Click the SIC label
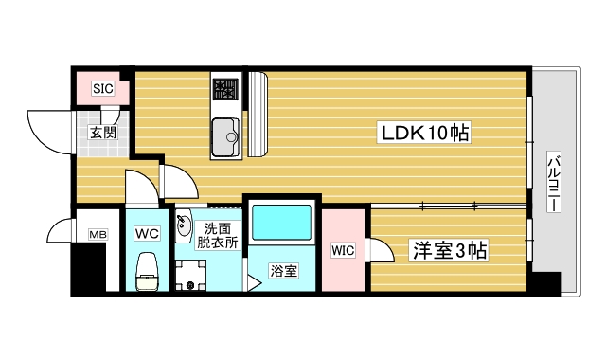point(103,90)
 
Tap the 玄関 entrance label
point(103,133)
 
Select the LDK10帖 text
point(426,133)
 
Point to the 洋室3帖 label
point(448,251)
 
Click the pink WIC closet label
point(343,250)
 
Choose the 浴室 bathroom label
point(283,272)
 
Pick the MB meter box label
point(97,234)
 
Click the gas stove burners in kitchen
point(225,90)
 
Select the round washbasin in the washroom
point(185,226)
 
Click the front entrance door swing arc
point(47,128)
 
